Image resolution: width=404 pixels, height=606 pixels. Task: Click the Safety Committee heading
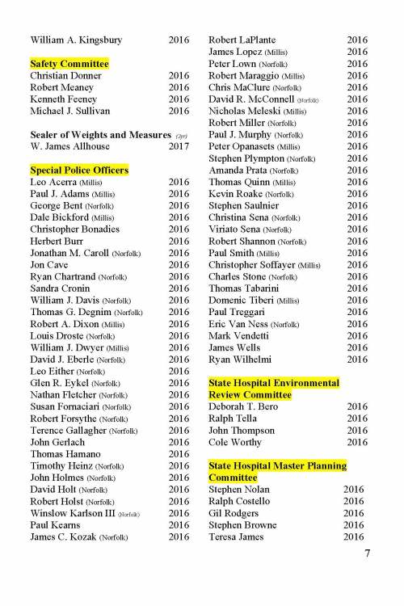(69, 63)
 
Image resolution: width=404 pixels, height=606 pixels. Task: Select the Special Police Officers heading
(79, 170)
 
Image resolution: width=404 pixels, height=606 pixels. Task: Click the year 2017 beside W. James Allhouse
(179, 146)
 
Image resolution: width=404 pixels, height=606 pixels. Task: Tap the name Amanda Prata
(239, 170)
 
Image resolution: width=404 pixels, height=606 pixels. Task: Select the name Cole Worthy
(235, 442)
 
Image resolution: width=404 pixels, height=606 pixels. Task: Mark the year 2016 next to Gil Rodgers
(353, 513)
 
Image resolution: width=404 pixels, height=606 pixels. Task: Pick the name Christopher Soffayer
(253, 264)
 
